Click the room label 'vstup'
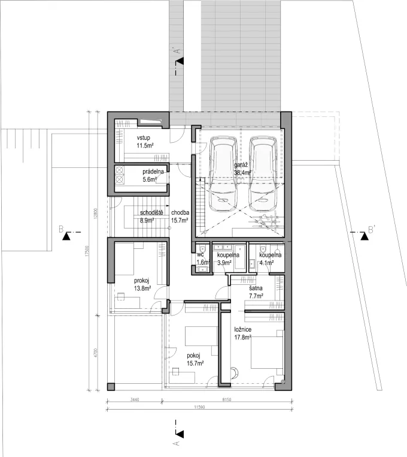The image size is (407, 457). tap(145, 137)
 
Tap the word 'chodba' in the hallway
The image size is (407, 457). tap(180, 212)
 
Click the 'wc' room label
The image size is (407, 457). tap(201, 254)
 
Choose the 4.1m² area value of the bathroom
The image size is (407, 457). tap(266, 263)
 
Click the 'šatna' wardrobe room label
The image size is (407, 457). tap(257, 288)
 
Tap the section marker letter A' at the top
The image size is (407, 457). tap(175, 51)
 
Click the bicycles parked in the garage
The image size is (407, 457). tap(263, 222)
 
